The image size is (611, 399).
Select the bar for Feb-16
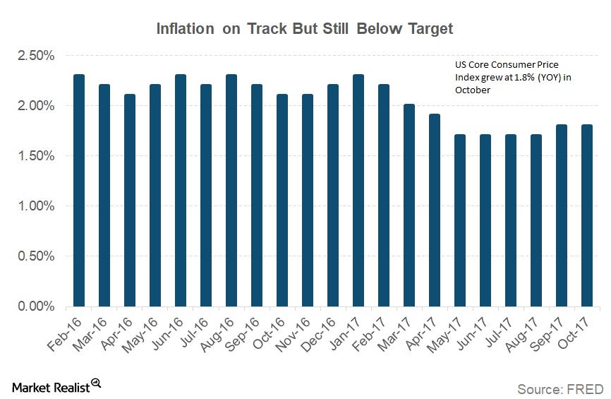[x=79, y=191]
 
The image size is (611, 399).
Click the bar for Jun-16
[x=181, y=191]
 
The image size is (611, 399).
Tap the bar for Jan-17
[x=358, y=191]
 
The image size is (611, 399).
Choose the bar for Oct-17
[x=586, y=215]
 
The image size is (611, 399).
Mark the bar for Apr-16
[x=130, y=201]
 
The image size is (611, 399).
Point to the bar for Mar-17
[x=409, y=206]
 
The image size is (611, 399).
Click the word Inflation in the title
[x=186, y=29]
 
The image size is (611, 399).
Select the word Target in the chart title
[x=427, y=29]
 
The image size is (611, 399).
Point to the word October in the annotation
[x=471, y=90]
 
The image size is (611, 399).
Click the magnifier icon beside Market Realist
[x=96, y=383]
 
